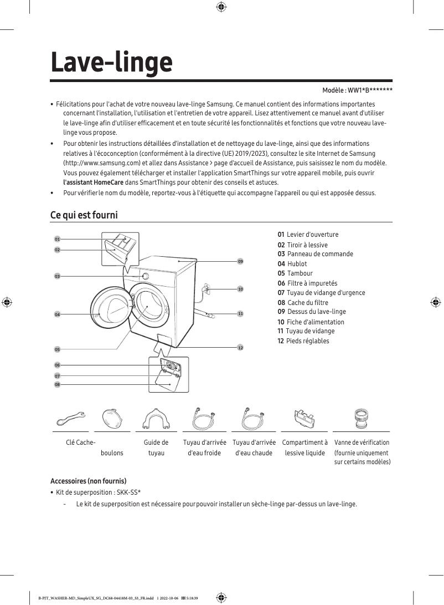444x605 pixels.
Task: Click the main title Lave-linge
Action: tap(111, 62)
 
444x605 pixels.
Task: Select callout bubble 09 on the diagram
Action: tap(240, 261)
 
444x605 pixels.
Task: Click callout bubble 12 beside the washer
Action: tap(240, 348)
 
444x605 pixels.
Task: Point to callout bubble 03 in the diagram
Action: tap(57, 276)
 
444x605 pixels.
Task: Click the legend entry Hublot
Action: tap(297, 264)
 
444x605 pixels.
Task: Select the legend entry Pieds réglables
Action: tap(307, 341)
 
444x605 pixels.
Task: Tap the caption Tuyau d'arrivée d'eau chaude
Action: tap(254, 448)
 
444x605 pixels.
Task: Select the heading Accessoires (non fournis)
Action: tap(89, 480)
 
